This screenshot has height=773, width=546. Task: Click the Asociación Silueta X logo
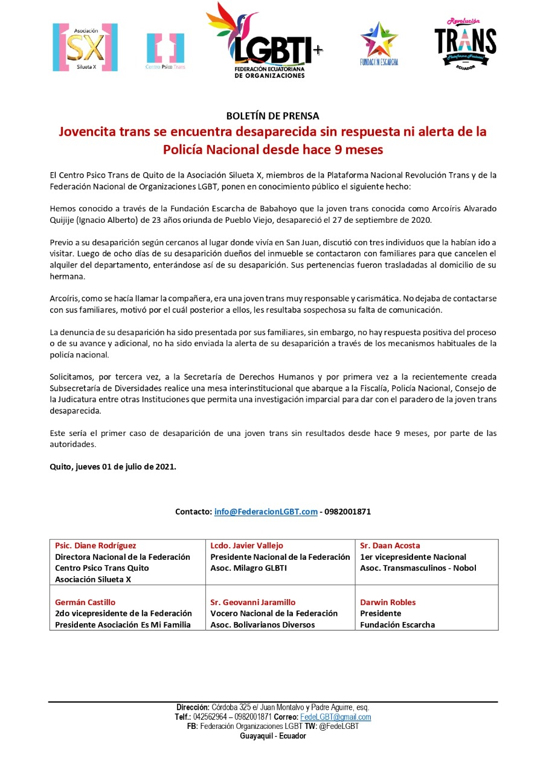coord(85,47)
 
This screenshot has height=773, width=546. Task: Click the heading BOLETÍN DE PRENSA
coord(272,115)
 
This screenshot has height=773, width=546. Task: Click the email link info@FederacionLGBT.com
coord(266,512)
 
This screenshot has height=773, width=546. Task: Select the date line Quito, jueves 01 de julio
coord(113,466)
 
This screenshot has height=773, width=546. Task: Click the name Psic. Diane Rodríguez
coord(95,545)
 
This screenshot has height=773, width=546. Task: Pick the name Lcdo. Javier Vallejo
coord(246,545)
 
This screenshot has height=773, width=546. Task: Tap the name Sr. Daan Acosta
coord(390,545)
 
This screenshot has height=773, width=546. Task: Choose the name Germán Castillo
coord(85,602)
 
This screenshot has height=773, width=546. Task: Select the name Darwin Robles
coord(388,602)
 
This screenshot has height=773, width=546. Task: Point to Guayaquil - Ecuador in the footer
coord(273,736)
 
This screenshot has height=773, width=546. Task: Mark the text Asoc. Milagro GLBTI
coord(248,568)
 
